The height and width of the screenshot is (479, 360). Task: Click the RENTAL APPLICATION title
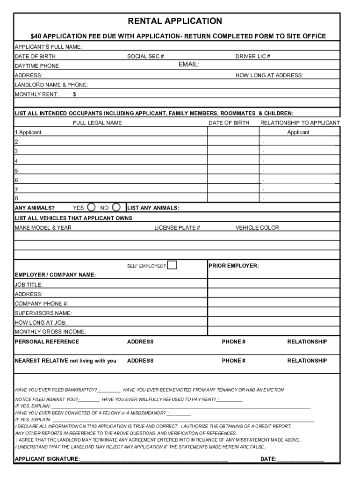click(x=175, y=21)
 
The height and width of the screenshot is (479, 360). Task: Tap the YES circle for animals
click(x=92, y=207)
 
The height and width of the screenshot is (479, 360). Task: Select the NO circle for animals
click(x=116, y=207)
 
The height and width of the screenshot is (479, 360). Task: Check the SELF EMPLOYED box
click(x=172, y=265)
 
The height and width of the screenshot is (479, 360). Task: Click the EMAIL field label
click(x=189, y=65)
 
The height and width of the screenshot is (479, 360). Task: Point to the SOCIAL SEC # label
click(x=145, y=57)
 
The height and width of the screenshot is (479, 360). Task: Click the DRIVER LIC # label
click(x=252, y=57)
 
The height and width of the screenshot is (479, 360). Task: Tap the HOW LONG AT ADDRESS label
click(x=269, y=75)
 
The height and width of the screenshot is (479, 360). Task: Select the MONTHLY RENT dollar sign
click(x=74, y=94)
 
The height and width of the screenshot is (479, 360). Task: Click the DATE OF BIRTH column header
click(x=229, y=123)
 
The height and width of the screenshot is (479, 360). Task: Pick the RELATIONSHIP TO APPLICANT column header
click(x=300, y=123)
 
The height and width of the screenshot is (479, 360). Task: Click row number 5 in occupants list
click(x=16, y=171)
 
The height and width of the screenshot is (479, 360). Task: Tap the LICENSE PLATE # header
click(x=177, y=228)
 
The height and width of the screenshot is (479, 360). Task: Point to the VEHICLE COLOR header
click(x=257, y=228)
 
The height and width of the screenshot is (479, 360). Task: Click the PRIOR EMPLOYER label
click(x=233, y=266)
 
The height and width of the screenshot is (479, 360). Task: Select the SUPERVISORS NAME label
click(x=43, y=313)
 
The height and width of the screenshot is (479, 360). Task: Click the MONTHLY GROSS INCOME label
click(x=50, y=332)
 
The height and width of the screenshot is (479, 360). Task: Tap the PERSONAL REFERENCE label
click(x=47, y=342)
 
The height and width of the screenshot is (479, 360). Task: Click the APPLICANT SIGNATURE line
click(x=154, y=459)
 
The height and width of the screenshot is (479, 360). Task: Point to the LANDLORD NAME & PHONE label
click(x=51, y=85)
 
